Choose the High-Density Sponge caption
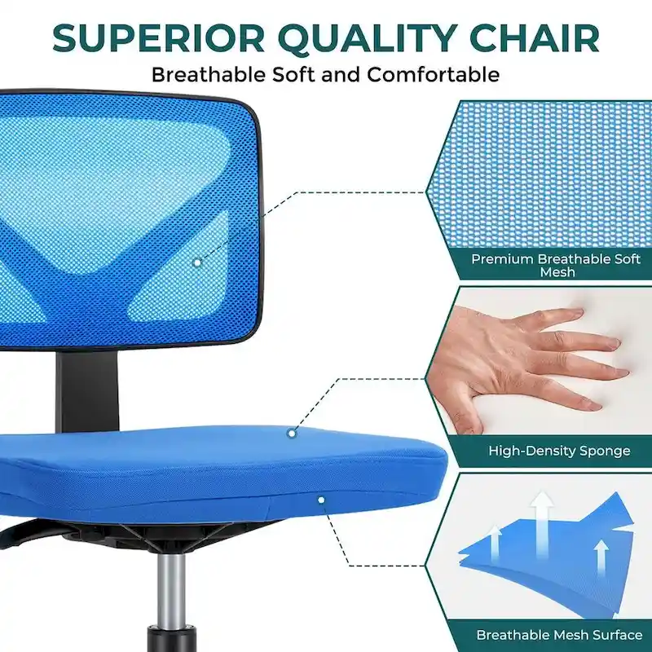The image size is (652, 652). pos(559,450)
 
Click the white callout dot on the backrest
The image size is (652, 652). pos(196,262)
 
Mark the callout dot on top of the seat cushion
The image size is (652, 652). pos(290,434)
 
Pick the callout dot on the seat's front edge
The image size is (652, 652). pos(321,500)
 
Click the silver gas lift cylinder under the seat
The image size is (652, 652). pos(170,587)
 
